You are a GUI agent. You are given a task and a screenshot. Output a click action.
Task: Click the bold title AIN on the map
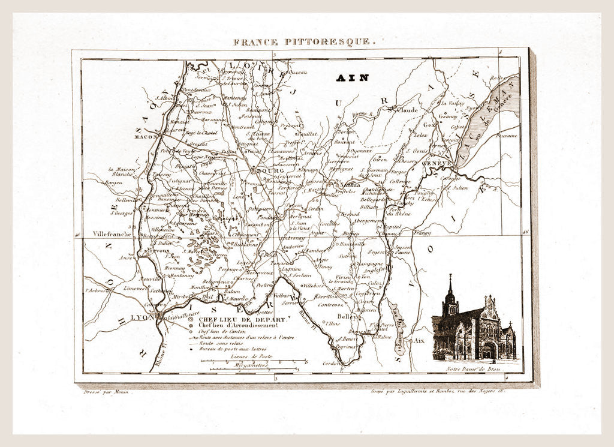pos(353,77)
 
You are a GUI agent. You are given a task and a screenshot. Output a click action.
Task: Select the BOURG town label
pos(270,170)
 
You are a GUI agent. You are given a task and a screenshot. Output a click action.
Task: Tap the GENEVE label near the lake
pos(437,163)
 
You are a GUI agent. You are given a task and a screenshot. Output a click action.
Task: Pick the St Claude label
pos(404,110)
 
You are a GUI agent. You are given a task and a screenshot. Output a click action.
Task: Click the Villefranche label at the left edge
pos(112,234)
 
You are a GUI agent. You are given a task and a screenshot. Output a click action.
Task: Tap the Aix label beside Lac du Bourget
pos(419,340)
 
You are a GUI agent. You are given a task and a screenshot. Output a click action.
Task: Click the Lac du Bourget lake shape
pos(397,327)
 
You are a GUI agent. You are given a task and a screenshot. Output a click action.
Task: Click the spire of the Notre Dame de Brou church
pos(450,285)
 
